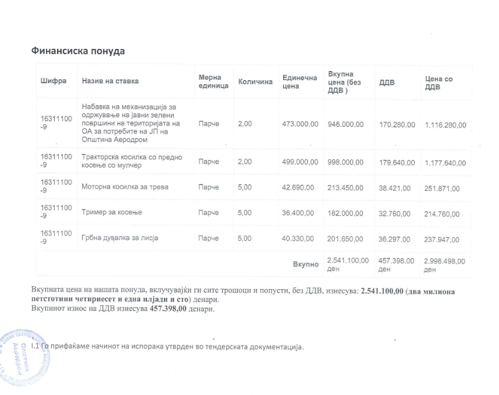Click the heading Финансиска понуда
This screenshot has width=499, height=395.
pyautogui.click(x=78, y=51)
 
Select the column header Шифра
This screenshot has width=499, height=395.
pyautogui.click(x=54, y=81)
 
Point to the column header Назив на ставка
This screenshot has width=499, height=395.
pyautogui.click(x=111, y=81)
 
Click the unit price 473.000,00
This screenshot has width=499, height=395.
pyautogui.click(x=300, y=124)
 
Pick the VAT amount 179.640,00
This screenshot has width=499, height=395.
pyautogui.click(x=397, y=162)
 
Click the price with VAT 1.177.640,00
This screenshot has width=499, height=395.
pyautogui.click(x=445, y=163)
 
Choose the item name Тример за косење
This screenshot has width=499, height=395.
pyautogui.click(x=112, y=212)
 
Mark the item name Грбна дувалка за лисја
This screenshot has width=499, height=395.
pyautogui.click(x=120, y=238)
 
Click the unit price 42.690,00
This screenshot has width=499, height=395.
pyautogui.click(x=298, y=187)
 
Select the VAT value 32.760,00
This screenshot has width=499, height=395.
pyautogui.click(x=394, y=213)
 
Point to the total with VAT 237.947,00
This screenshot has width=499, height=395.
pyautogui.click(x=442, y=239)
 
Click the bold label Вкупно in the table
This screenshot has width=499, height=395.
pyautogui.click(x=305, y=264)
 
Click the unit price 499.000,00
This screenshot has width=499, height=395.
pyautogui.click(x=300, y=162)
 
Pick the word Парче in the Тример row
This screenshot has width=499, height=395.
pyautogui.click(x=208, y=212)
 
